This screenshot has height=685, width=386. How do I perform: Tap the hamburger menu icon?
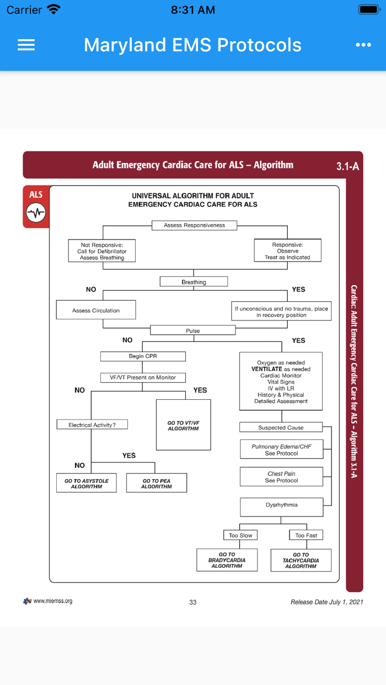26,45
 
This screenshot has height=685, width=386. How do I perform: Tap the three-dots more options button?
363,45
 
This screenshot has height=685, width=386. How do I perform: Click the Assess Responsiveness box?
194,225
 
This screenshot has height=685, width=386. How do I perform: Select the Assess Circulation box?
96,310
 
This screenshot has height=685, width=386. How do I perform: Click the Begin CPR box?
143,356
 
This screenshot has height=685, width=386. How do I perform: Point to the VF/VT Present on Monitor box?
143,378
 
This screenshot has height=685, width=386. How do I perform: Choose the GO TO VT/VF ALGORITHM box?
183,425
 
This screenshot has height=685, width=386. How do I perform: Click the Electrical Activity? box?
92,425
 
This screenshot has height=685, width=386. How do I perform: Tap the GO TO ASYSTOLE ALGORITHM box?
87,483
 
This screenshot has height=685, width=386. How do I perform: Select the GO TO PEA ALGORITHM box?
157,483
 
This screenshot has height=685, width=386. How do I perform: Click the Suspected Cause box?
281,427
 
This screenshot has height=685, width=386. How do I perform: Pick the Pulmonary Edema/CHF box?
281,449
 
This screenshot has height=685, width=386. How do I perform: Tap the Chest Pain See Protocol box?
281,477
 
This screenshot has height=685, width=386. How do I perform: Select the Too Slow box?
240,535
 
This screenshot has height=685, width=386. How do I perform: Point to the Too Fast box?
306,535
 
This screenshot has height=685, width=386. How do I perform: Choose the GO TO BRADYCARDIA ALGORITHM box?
227,560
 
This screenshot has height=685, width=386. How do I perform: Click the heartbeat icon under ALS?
36,213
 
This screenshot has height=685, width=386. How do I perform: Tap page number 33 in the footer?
193,602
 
